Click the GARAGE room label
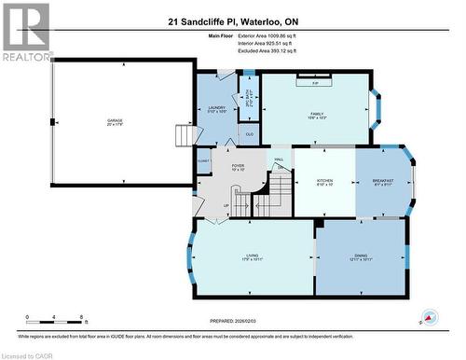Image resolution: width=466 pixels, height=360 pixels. click(115, 120)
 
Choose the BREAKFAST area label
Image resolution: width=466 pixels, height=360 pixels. click(383, 182)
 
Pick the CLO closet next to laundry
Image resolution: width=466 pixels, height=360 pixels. click(249, 132)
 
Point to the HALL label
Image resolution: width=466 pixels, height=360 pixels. click(279, 160)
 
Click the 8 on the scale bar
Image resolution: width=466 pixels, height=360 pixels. click(83, 318)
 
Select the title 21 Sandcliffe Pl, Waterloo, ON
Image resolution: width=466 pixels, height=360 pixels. click(233, 19)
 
